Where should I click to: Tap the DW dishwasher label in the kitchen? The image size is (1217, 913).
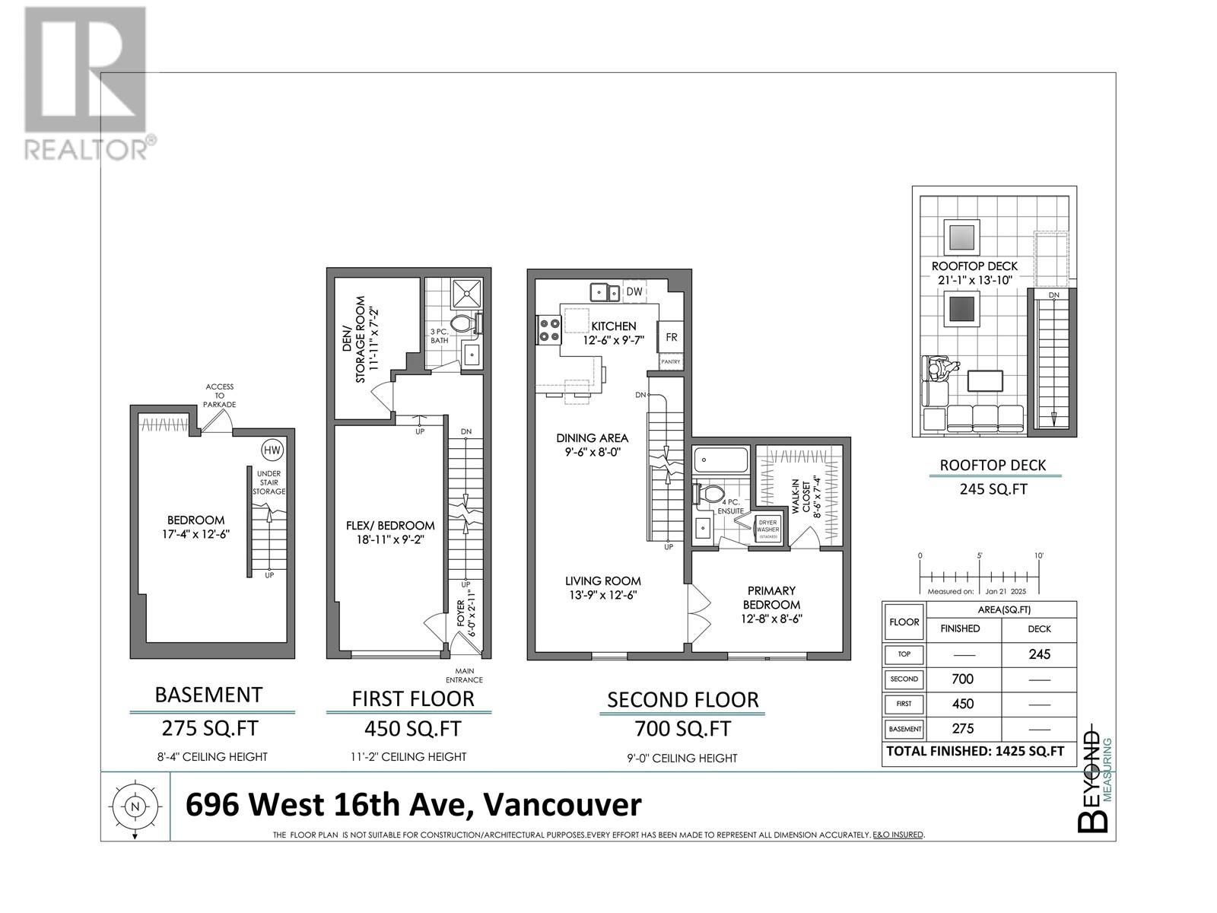coord(634,291)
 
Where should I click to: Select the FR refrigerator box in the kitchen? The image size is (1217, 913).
coord(672,337)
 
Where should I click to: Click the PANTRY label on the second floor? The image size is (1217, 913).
coord(670,362)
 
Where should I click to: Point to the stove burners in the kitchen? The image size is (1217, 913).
coord(549,329)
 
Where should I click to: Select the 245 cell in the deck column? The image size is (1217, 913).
coord(1039,654)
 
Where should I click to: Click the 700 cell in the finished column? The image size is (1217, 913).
coord(962,679)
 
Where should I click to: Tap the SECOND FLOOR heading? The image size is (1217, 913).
coord(682,700)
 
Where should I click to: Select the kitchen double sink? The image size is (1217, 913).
coord(605,291)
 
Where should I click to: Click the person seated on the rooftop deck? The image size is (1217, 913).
coord(942,371)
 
